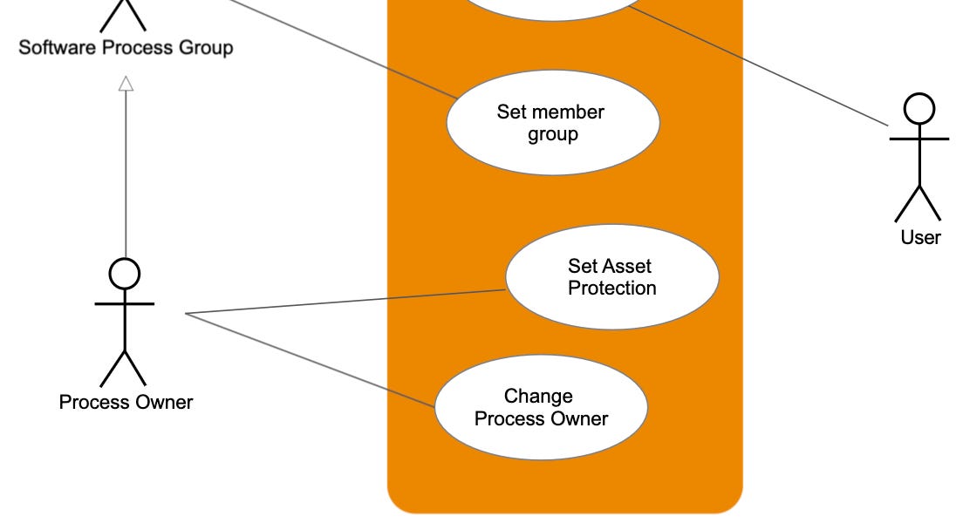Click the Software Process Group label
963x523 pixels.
click(x=126, y=47)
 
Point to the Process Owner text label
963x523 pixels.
click(x=126, y=402)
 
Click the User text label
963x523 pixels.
click(x=920, y=237)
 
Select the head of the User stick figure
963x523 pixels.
click(x=919, y=109)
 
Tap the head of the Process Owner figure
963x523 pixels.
click(x=125, y=274)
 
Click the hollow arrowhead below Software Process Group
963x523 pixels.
click(x=126, y=84)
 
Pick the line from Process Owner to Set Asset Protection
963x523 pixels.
click(x=349, y=302)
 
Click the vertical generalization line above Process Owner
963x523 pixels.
click(x=126, y=174)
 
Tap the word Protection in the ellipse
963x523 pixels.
click(x=611, y=289)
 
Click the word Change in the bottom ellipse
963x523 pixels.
click(x=538, y=397)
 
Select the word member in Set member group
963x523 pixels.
click(x=568, y=112)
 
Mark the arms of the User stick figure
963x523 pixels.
click(x=919, y=139)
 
